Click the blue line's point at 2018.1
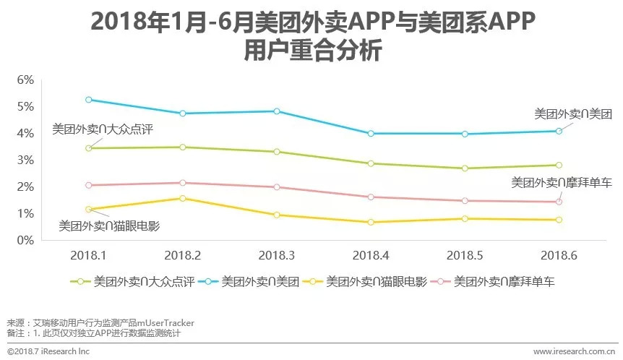pos(89,100)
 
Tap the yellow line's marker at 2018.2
pos(183,198)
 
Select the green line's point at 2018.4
pos(371,163)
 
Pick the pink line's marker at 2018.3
pos(277,187)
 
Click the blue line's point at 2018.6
pos(559,131)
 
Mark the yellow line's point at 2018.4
pos(371,222)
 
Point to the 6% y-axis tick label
pos(25,80)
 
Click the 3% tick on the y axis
pos(25,160)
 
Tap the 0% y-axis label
pos(25,240)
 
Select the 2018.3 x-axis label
pos(277,255)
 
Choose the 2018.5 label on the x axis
pos(465,255)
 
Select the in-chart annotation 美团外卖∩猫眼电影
pos(108,226)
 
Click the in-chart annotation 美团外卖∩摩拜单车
pos(562,183)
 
